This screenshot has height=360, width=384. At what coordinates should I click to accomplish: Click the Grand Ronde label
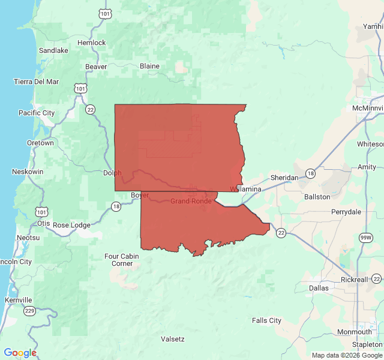pos(190,201)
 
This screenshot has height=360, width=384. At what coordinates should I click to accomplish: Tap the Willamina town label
pos(245,189)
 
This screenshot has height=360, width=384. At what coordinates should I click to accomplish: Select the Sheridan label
pos(284,178)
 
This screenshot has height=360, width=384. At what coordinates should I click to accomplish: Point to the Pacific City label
pos(37,113)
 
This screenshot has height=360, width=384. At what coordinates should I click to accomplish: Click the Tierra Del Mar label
pos(37,82)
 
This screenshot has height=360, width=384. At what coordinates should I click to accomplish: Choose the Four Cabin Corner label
pos(122,260)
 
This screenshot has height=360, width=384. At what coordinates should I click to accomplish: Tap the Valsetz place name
pos(173,339)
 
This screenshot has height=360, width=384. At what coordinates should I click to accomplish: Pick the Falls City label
pos(266,320)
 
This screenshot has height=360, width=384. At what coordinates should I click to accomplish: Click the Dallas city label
pos(319,288)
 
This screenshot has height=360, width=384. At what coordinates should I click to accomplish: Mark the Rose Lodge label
pos(71,225)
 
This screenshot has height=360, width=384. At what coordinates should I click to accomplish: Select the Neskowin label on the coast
pos(27,172)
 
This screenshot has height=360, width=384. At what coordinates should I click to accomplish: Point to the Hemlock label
pos(91,43)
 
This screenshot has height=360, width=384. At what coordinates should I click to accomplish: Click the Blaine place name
pos(149,66)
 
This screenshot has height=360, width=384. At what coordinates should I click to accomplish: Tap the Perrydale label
pos(346,212)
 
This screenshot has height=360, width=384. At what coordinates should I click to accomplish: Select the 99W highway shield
pos(365,238)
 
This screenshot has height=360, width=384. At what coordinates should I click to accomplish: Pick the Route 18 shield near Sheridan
pos(310,173)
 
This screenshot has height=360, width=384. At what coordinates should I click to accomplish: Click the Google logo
pos(20,353)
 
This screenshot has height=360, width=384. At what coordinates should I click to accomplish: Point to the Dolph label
pos(112,173)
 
